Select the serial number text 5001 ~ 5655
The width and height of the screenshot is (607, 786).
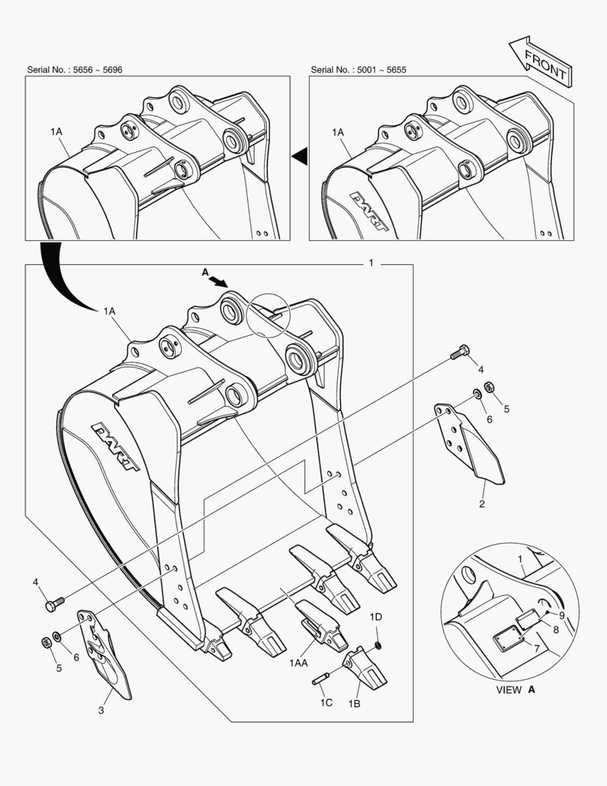coord(382,70)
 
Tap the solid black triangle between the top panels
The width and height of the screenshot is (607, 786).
coord(300,156)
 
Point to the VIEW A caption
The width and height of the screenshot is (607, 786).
coord(515,690)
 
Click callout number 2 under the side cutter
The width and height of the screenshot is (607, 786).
coord(482,504)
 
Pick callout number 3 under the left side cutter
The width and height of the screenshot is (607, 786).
coord(101,710)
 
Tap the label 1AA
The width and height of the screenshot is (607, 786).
coord(299,663)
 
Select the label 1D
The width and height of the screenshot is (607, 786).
coord(376,617)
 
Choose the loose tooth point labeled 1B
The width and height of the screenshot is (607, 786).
coord(365,666)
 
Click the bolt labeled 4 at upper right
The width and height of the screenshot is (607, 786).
coord(459,352)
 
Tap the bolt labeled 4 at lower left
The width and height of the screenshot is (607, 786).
coord(55,603)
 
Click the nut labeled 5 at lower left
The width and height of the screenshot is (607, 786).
coord(47,642)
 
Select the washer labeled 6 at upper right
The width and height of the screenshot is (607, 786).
coord(478,394)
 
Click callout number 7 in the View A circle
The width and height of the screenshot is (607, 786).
coord(537,648)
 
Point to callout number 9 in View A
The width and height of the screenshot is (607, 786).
coord(562,615)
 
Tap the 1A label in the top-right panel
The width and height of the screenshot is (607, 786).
coord(338,132)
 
